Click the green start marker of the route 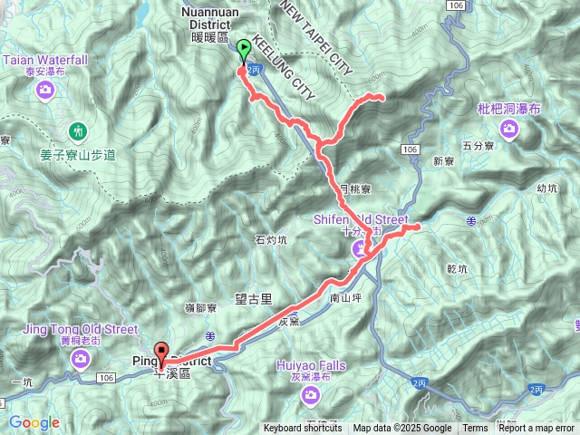[243, 50]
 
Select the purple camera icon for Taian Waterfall [46, 89]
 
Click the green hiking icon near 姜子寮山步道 [79, 131]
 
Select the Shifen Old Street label [362, 219]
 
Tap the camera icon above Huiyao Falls [310, 394]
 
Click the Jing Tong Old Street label [82, 329]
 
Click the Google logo [34, 422]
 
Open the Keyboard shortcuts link [303, 429]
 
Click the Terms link [475, 429]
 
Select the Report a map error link [536, 429]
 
